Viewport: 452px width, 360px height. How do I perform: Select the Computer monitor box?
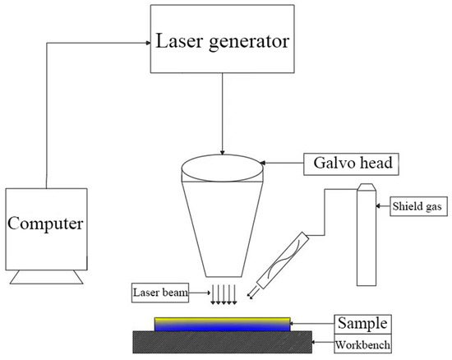(46, 224)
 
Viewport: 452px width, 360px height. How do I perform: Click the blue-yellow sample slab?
(222, 323)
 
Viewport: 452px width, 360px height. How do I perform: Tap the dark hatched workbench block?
(222, 339)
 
